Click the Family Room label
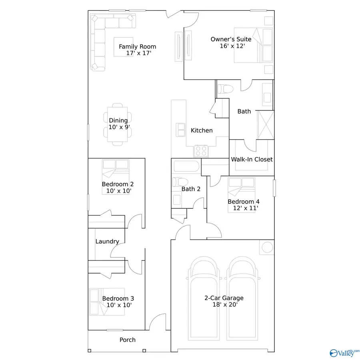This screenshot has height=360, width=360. [137, 47]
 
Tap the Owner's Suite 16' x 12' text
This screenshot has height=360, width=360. [231, 42]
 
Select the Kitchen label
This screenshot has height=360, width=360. [202, 130]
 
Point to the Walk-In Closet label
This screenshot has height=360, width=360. [252, 159]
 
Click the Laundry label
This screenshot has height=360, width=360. [107, 241]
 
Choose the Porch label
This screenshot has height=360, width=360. [128, 340]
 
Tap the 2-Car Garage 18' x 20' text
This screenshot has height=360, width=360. [224, 301]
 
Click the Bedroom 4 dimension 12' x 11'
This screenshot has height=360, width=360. [243, 208]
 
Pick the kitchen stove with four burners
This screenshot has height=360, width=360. [201, 151]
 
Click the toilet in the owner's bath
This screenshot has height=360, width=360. [224, 89]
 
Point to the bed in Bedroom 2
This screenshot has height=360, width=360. [116, 172]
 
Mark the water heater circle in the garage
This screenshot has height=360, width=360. [266, 247]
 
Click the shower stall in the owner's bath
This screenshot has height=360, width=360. [265, 125]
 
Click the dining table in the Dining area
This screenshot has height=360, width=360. [118, 124]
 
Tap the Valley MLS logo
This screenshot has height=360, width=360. [343, 352]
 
